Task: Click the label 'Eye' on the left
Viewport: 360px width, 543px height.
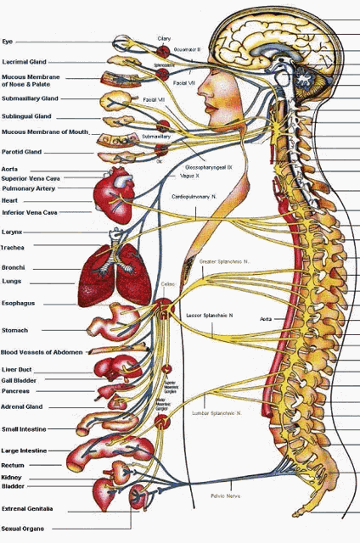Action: (x=7, y=41)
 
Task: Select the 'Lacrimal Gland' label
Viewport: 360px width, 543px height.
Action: (x=24, y=62)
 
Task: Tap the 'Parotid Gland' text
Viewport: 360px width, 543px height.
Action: (x=22, y=152)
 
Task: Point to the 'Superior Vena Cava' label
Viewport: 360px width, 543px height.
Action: (x=31, y=179)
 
